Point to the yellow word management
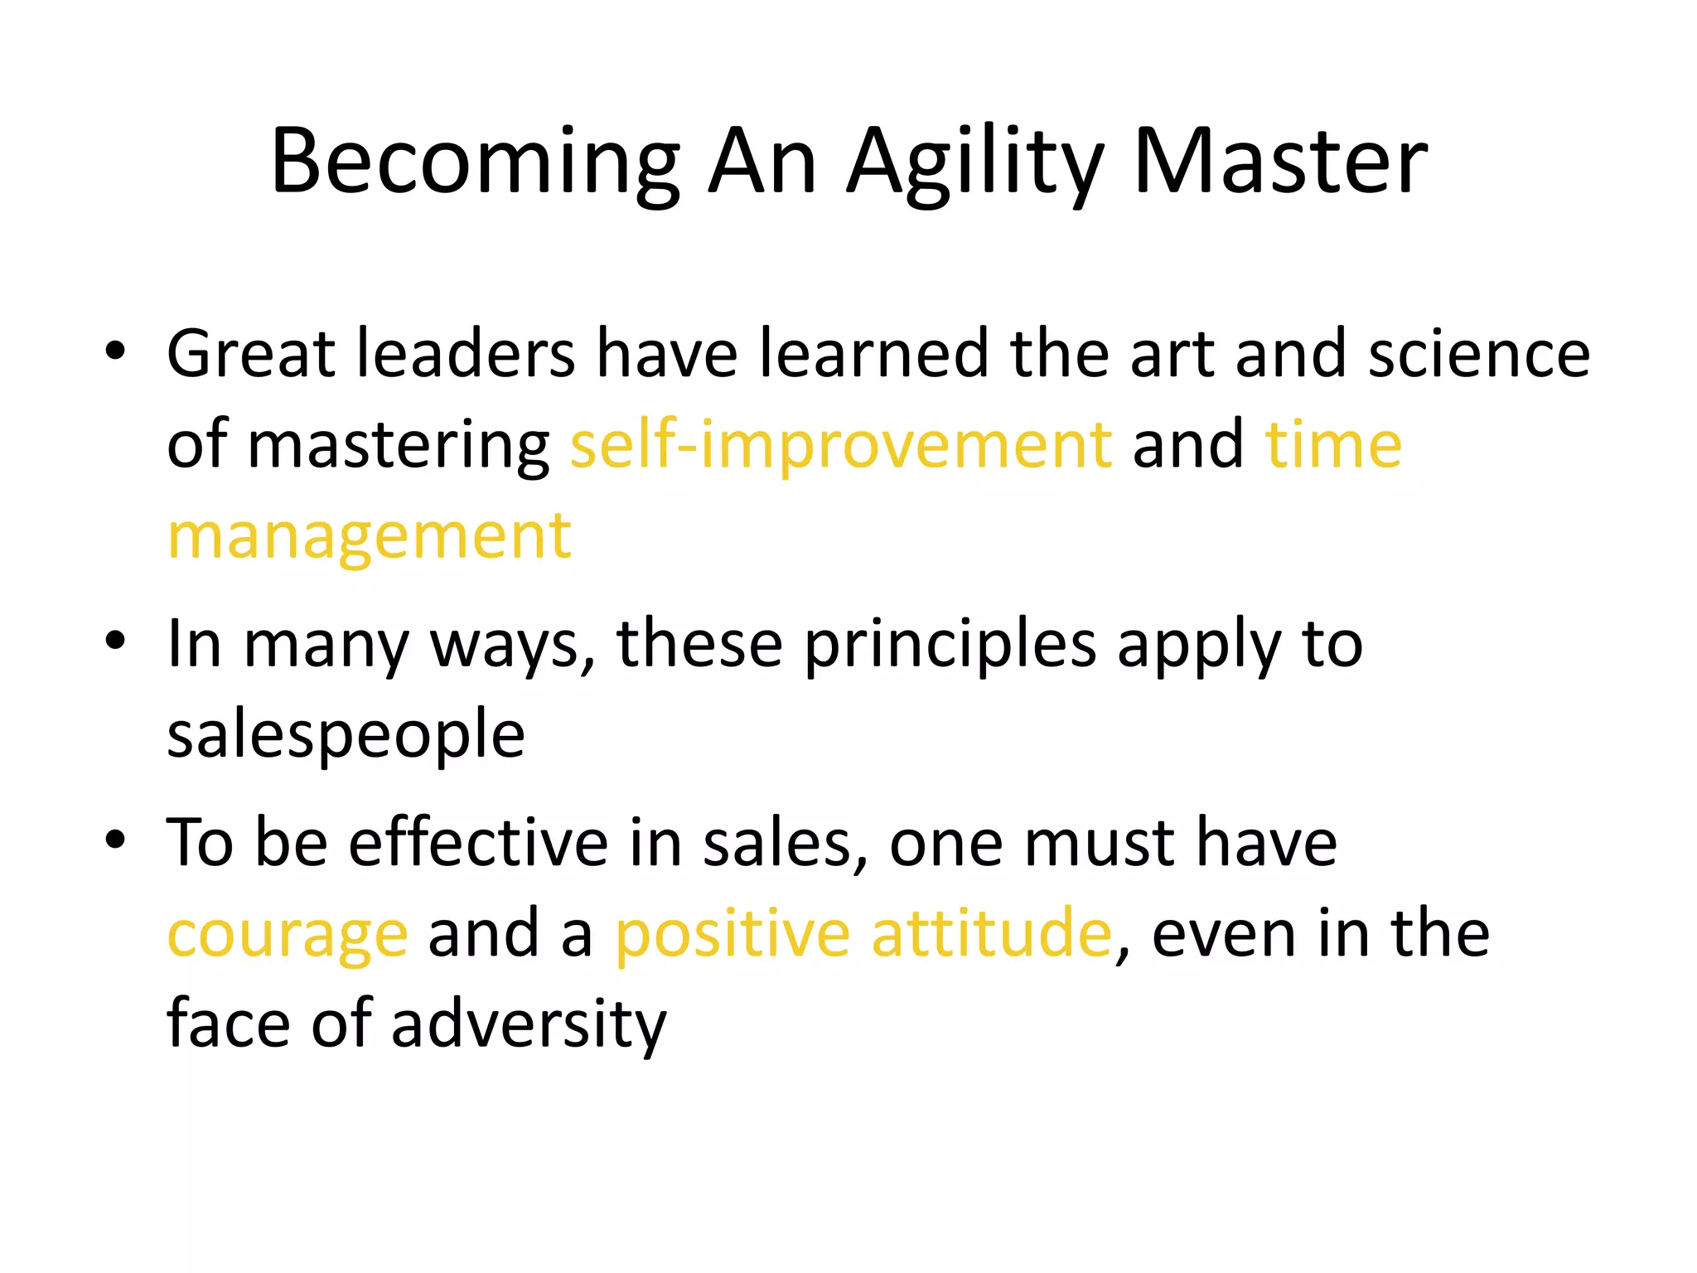pos(370,536)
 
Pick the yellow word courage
pos(288,934)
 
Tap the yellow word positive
pos(732,934)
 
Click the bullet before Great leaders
pos(115,352)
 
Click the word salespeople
pos(346,735)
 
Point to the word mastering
pos(399,446)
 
